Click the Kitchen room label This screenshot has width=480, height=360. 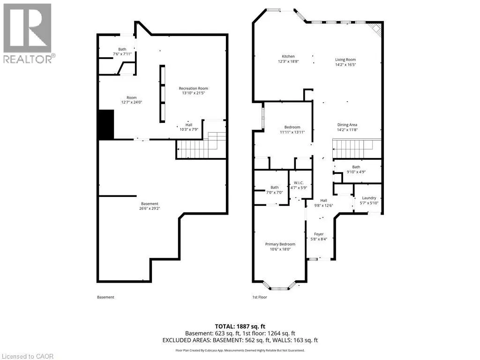pos(288,56)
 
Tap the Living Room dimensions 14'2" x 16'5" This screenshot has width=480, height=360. pos(345,65)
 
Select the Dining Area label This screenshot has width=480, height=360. pos(347,125)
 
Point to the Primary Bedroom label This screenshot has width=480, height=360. pos(280,244)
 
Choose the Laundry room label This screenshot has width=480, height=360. pos(369,198)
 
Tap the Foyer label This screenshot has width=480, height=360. pos(319,234)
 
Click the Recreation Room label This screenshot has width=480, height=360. pos(194,88)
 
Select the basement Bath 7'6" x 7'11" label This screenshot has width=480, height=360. pos(122,52)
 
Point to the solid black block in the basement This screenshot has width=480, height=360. pos(106,125)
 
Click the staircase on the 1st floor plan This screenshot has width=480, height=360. pos(357,149)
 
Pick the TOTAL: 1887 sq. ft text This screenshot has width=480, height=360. pos(240,326)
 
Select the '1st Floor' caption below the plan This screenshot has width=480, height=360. pos(260,297)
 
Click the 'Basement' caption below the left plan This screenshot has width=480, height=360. pos(105,297)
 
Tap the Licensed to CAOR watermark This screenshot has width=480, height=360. pos(27,356)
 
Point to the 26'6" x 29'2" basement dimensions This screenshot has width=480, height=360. pos(150,209)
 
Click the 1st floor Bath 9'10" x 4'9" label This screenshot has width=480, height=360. pos(356,169)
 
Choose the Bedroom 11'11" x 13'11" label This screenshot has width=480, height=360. pos(292,129)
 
